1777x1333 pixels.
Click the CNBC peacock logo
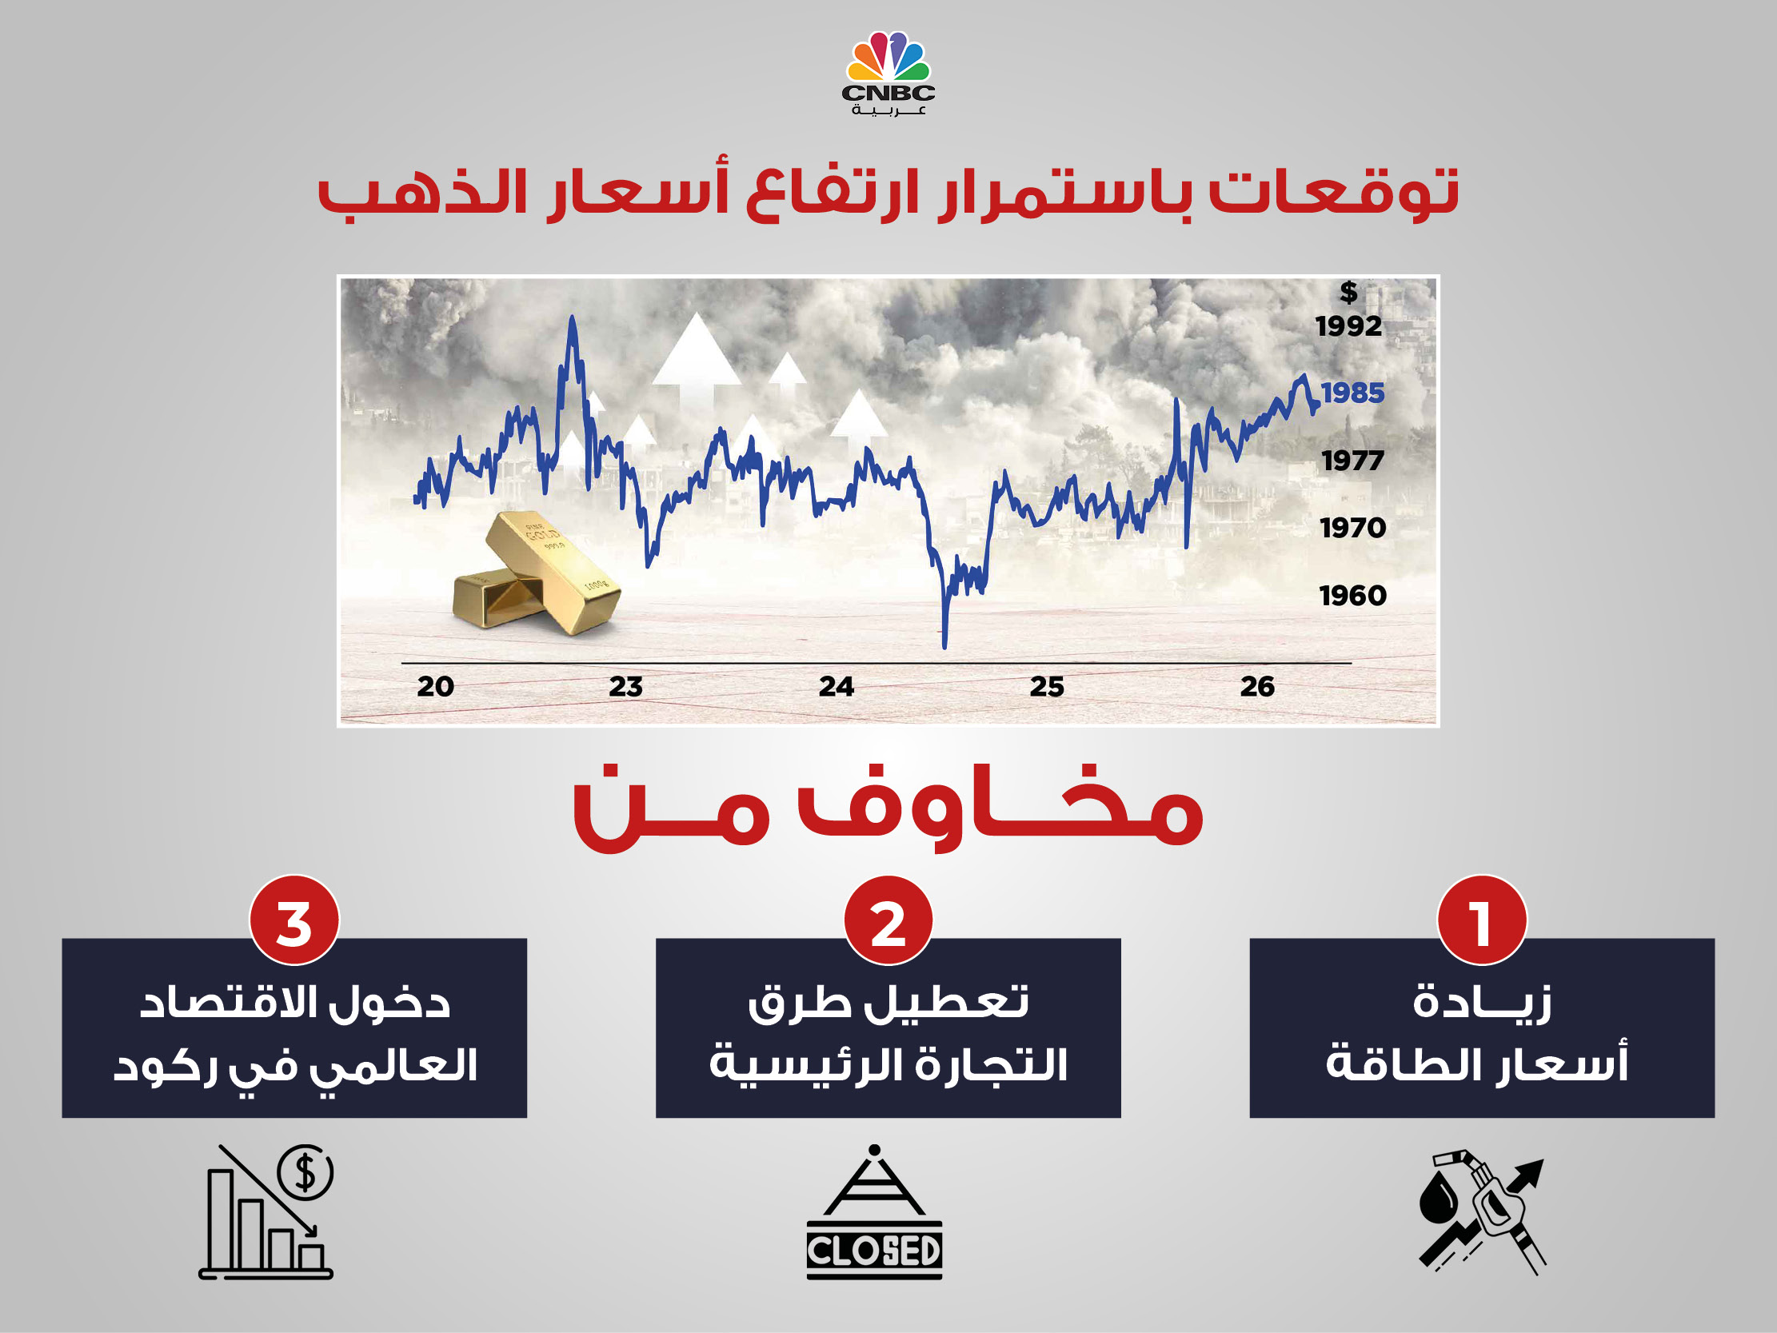[888, 73]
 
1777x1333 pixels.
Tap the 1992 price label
[1348, 326]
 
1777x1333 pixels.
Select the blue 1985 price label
[1353, 393]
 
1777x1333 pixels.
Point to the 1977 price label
[1353, 461]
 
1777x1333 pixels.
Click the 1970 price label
[1353, 528]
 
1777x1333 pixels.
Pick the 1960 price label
[1353, 596]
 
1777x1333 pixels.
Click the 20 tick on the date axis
[435, 686]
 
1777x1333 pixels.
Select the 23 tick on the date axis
[626, 686]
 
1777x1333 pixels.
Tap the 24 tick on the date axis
[837, 686]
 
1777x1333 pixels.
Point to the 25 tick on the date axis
[1047, 686]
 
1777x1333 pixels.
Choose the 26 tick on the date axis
[1257, 686]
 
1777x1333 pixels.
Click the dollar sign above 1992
[1349, 292]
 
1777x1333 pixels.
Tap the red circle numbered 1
[1481, 920]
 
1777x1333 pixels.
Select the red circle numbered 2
[888, 920]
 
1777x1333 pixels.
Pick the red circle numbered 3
[294, 920]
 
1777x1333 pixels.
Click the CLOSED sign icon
[874, 1212]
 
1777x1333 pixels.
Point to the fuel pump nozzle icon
[1481, 1212]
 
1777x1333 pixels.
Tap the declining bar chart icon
[266, 1212]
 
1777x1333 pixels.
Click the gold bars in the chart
[537, 572]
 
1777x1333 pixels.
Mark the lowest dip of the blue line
[944, 646]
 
